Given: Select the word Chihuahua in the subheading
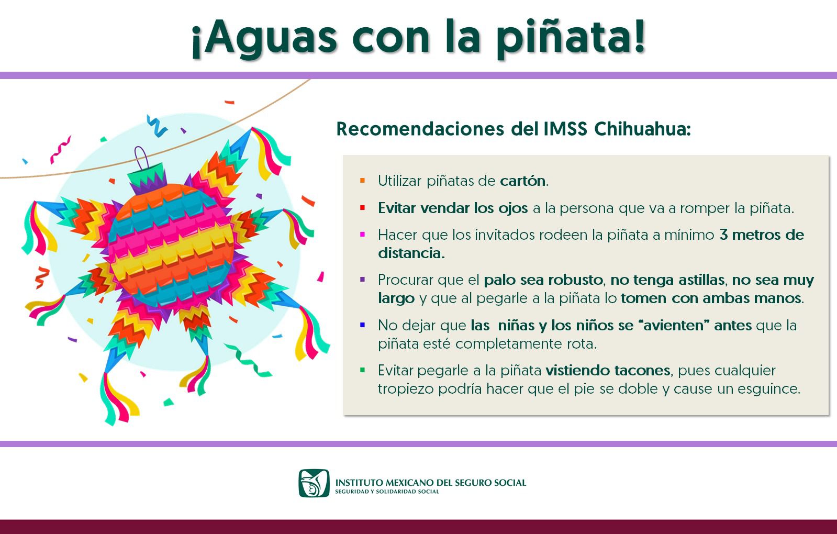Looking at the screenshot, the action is [642, 129].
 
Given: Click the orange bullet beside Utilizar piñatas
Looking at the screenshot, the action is [362, 181].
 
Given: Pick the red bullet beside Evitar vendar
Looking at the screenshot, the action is [362, 208].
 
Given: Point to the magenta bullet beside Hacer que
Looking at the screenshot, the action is [362, 235].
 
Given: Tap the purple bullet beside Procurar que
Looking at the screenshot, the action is [362, 280].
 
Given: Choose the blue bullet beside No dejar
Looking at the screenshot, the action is [362, 325].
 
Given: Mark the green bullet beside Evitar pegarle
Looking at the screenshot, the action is [362, 370].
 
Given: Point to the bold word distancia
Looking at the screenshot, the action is [410, 253].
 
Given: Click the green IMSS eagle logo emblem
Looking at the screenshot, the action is [314, 483].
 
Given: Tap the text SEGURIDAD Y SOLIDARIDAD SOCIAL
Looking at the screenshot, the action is [387, 492].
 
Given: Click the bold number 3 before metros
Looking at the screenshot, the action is [723, 235].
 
